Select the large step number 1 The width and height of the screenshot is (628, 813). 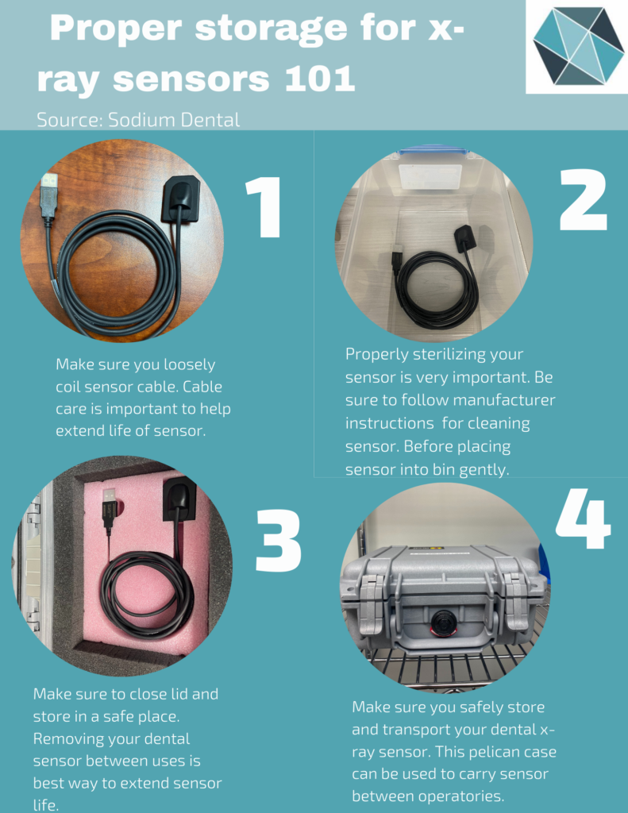pos(264,207)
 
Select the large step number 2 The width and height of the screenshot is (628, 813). pos(583,200)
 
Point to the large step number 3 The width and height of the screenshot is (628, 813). pos(279,541)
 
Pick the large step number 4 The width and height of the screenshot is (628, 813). pos(583,518)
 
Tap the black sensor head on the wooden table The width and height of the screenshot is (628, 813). pos(180,198)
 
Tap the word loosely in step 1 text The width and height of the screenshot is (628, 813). pos(189,365)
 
